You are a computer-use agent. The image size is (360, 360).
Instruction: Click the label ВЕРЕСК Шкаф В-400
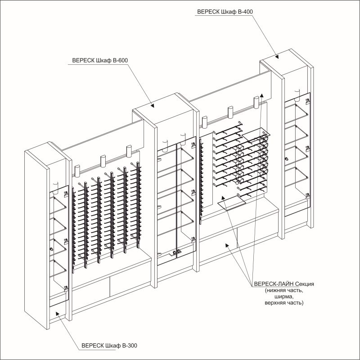pos(225,12)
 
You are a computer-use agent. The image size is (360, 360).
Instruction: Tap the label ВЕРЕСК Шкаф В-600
pos(100,60)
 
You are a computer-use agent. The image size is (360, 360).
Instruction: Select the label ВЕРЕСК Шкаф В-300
pos(109,346)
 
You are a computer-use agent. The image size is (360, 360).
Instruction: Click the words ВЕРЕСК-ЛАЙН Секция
pos(284,284)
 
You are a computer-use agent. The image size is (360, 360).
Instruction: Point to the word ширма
pos(284,297)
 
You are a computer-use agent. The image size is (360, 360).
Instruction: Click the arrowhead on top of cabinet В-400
pos(277,57)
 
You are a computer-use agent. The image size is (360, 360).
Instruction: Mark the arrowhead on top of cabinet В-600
pos(152,105)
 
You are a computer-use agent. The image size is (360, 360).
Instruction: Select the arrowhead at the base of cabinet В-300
pos(58,314)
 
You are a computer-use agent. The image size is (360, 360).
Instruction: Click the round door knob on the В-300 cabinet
pos(51,249)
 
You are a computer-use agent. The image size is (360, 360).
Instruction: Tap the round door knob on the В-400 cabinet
pos(287,159)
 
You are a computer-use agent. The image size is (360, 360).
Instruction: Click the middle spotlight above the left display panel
pos(103,161)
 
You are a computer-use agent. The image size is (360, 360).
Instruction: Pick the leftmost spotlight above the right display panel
pos(204,121)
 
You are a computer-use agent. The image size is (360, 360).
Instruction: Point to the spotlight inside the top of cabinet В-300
pos(55,187)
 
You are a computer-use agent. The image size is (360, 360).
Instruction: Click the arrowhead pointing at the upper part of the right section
pos(262,95)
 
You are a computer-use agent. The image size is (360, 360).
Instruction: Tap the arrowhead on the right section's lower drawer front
pos(227,246)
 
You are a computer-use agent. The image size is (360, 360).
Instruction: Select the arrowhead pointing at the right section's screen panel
pos(223,198)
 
